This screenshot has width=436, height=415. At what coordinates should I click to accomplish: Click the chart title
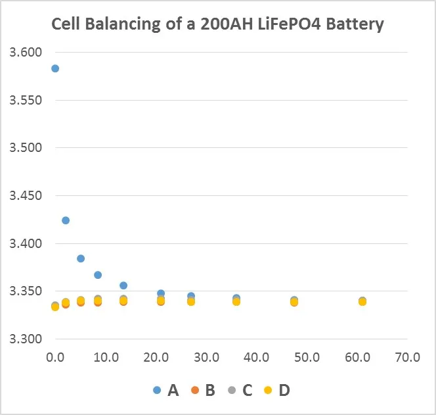click(x=218, y=24)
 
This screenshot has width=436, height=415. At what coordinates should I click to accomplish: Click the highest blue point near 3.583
click(x=55, y=68)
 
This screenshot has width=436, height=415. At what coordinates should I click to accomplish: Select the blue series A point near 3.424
click(x=66, y=220)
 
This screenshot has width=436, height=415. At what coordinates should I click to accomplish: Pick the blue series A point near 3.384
click(x=81, y=258)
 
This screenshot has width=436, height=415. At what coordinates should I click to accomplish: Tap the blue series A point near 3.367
click(x=98, y=275)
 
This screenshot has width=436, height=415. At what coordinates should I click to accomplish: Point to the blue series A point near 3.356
click(x=123, y=285)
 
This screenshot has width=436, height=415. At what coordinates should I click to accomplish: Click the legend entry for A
click(x=166, y=390)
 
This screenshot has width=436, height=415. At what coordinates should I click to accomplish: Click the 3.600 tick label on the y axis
click(x=25, y=53)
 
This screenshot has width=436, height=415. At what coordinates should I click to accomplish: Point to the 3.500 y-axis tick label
click(x=25, y=148)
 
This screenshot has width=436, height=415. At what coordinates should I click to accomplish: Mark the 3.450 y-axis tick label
click(x=25, y=196)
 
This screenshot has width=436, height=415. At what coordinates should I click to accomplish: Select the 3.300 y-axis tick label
click(x=25, y=339)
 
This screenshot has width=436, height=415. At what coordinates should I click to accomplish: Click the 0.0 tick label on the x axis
click(x=55, y=358)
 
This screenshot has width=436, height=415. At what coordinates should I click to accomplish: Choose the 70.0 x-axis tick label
click(x=407, y=358)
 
